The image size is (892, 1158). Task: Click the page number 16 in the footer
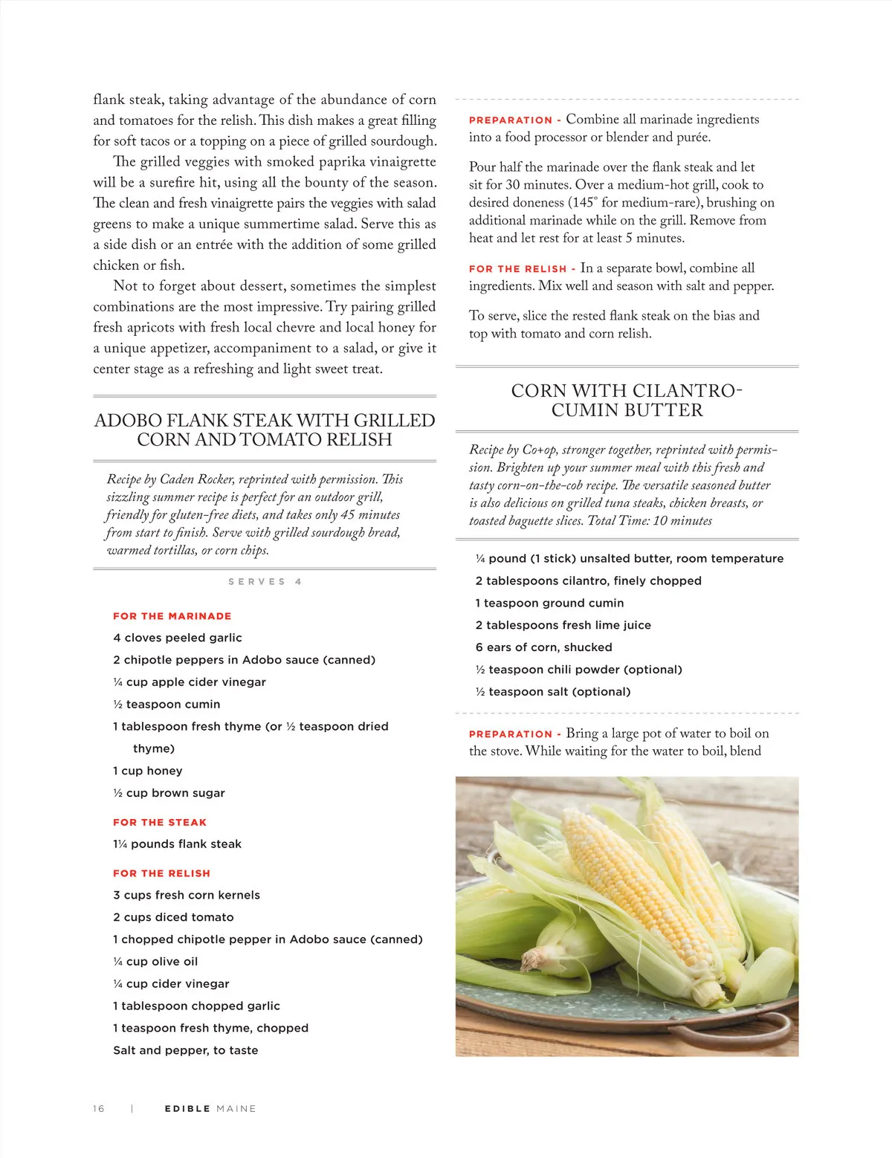pyautogui.click(x=99, y=1108)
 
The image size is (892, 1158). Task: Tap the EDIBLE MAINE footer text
pyautogui.click(x=210, y=1108)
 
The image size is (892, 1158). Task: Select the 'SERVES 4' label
pyautogui.click(x=265, y=582)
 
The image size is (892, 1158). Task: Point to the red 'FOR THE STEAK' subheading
pyautogui.click(x=160, y=822)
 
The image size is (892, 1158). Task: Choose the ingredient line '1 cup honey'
pyautogui.click(x=148, y=771)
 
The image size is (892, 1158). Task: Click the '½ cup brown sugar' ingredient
pyautogui.click(x=169, y=793)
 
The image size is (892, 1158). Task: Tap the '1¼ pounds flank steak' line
pyautogui.click(x=177, y=844)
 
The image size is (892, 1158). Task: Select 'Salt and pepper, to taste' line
pyautogui.click(x=186, y=1050)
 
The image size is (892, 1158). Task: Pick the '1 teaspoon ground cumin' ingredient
pyautogui.click(x=549, y=603)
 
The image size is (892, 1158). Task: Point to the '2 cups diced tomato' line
pyautogui.click(x=173, y=917)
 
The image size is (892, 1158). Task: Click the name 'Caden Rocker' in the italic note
pyautogui.click(x=196, y=479)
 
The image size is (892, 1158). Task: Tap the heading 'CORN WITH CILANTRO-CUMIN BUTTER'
pyautogui.click(x=627, y=400)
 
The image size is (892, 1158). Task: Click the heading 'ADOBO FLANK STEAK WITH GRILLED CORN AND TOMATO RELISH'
pyautogui.click(x=265, y=430)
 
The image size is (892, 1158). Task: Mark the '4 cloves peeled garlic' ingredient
pyautogui.click(x=178, y=638)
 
